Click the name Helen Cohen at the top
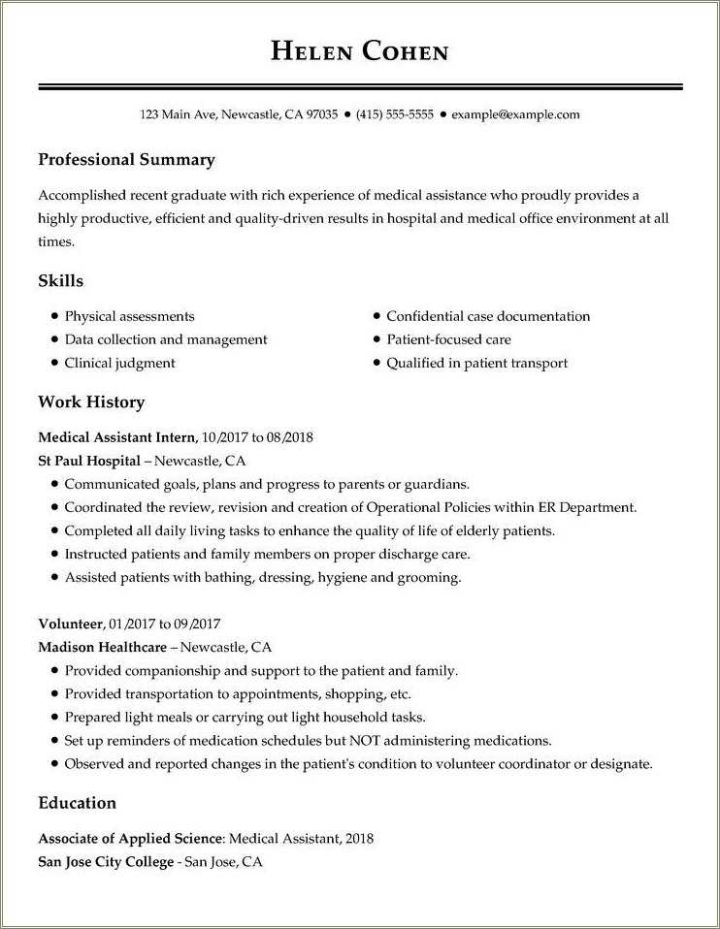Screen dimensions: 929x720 359,51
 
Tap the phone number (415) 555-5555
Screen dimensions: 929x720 394,114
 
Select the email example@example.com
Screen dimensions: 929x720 515,114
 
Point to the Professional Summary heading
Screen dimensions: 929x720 126,160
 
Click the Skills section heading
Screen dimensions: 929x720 60,281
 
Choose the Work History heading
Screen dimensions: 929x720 91,401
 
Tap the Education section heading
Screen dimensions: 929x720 77,803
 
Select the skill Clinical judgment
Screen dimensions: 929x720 119,363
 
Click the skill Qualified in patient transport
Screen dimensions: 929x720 476,363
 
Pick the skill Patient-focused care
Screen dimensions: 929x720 448,339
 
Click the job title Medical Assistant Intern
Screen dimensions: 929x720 117,437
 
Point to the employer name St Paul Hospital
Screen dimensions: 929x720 89,461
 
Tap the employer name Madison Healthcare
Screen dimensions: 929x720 103,647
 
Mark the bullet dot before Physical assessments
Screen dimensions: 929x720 54,316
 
